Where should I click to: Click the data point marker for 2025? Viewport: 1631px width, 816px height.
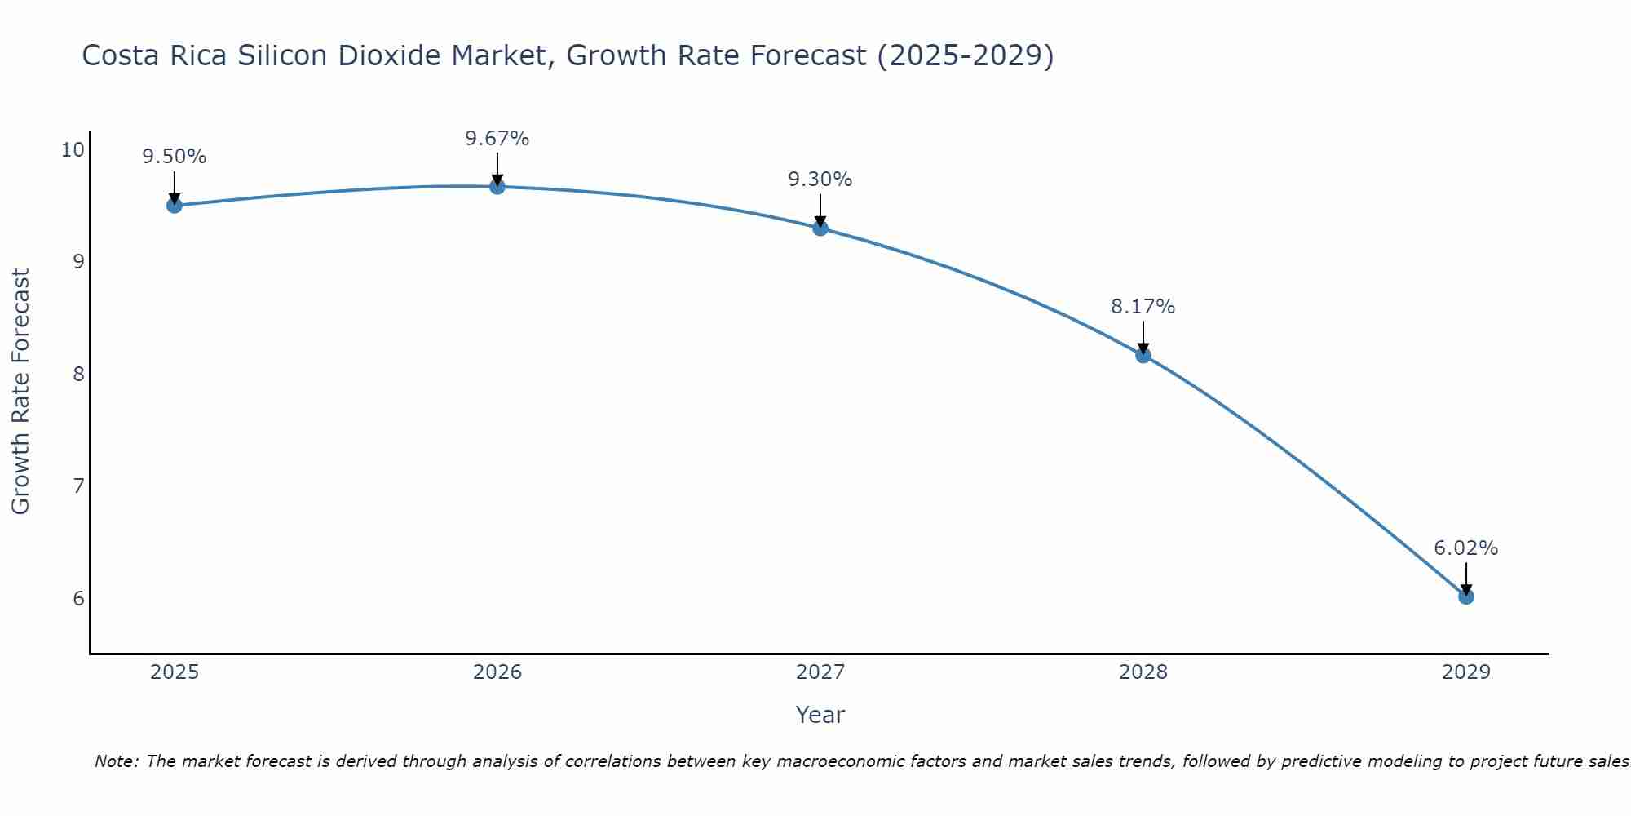(175, 206)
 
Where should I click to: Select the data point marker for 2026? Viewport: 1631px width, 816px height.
(497, 186)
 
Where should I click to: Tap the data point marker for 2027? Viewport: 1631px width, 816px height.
(820, 228)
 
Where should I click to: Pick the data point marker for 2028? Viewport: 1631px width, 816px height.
(1143, 355)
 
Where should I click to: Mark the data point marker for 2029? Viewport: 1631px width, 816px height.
(1466, 596)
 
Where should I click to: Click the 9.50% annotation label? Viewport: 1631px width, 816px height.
(175, 157)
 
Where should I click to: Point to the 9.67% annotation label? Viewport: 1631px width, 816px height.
(497, 139)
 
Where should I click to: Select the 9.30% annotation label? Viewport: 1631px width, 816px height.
(820, 180)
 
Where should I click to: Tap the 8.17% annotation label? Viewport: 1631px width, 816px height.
(1143, 307)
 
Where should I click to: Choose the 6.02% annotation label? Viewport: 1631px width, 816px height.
(1466, 548)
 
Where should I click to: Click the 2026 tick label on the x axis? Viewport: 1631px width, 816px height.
(497, 672)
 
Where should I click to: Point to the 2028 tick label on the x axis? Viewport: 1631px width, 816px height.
(1143, 672)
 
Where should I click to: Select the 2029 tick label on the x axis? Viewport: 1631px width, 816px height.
(1466, 672)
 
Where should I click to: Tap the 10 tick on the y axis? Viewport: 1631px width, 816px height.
(73, 149)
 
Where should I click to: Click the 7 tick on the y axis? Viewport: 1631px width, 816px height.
(78, 486)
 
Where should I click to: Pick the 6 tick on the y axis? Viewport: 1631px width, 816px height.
(78, 599)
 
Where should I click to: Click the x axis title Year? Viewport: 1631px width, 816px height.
(820, 715)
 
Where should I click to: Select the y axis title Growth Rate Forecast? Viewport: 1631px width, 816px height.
(21, 392)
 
